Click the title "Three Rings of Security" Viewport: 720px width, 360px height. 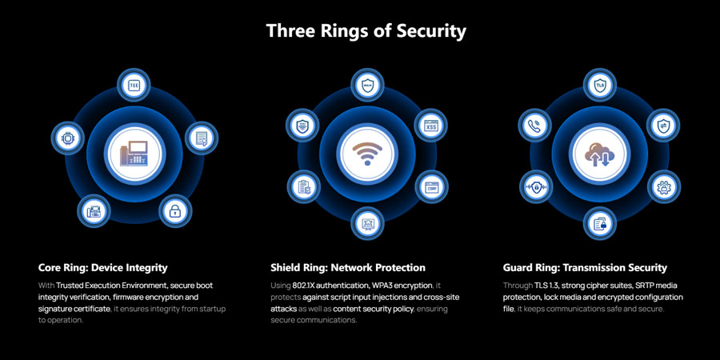[x=366, y=31]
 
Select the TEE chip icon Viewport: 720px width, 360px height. [x=134, y=86]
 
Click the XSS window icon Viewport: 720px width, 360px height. [x=430, y=125]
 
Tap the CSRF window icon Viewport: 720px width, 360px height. [x=430, y=189]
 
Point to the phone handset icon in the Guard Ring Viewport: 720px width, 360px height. [x=534, y=125]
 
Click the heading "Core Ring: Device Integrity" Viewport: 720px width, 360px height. [x=103, y=267]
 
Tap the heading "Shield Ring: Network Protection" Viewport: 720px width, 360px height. [x=348, y=267]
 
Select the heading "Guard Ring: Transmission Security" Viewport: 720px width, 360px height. [x=585, y=267]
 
